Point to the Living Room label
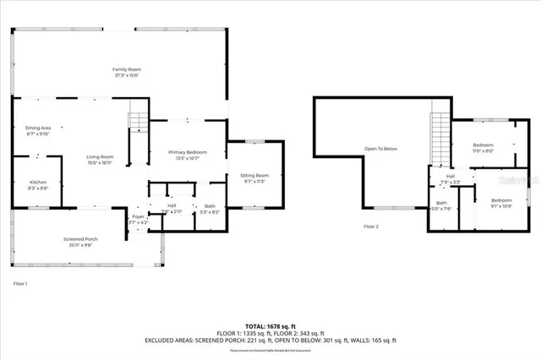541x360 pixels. click(x=101, y=157)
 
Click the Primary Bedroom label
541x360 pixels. click(x=187, y=153)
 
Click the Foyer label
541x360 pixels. click(x=139, y=218)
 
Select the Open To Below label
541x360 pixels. click(x=380, y=149)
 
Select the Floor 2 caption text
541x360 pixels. click(x=371, y=226)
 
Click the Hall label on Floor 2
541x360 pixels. click(x=451, y=177)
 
